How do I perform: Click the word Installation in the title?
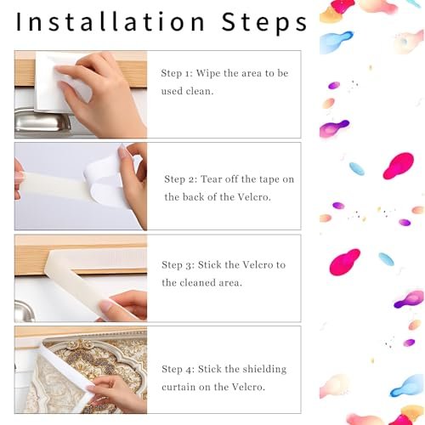click(110, 21)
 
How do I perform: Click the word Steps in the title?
click(264, 23)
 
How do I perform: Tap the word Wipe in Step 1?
click(208, 73)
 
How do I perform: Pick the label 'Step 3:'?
click(178, 265)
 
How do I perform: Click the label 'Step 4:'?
click(178, 369)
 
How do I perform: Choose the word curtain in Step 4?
click(178, 387)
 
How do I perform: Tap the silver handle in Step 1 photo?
click(42, 122)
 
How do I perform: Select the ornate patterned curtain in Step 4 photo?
click(85, 374)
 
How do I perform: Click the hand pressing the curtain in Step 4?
click(116, 394)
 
